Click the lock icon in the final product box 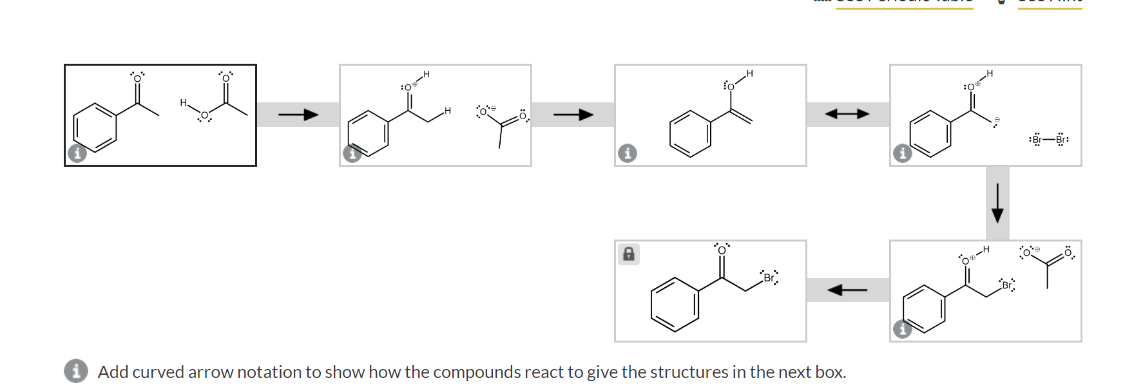click(x=629, y=254)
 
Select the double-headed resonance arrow click(x=847, y=115)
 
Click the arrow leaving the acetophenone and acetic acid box click(x=298, y=115)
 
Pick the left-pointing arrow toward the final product click(x=847, y=290)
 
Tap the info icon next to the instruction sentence click(x=76, y=371)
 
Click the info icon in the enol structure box click(x=627, y=153)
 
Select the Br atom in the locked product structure click(x=769, y=278)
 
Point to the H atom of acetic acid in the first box click(x=183, y=103)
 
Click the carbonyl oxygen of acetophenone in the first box click(x=137, y=79)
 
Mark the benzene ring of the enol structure click(x=690, y=134)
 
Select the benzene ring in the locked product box click(x=675, y=305)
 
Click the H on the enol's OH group click(x=749, y=73)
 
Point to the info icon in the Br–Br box click(x=902, y=153)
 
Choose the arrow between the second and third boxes click(x=573, y=115)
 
